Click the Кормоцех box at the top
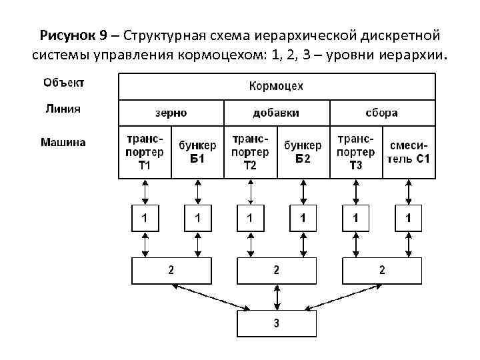[x=276, y=87]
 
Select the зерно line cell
[x=171, y=113]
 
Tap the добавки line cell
[x=276, y=113]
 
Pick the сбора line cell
[x=382, y=113]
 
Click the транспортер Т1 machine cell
[x=145, y=152]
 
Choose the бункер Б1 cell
[x=197, y=152]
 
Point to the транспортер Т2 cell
[x=250, y=152]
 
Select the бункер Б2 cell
[x=303, y=152]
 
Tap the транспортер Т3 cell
[x=355, y=152]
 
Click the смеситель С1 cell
[x=409, y=152]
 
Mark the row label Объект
[x=63, y=83]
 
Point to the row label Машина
[x=63, y=141]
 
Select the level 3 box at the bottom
[x=276, y=324]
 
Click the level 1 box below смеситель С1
[x=409, y=218]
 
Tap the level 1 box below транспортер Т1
[x=145, y=218]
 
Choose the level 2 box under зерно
[x=171, y=271]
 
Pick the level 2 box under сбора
[x=382, y=271]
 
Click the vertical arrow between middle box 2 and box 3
[x=277, y=297]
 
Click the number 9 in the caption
[x=103, y=34]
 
